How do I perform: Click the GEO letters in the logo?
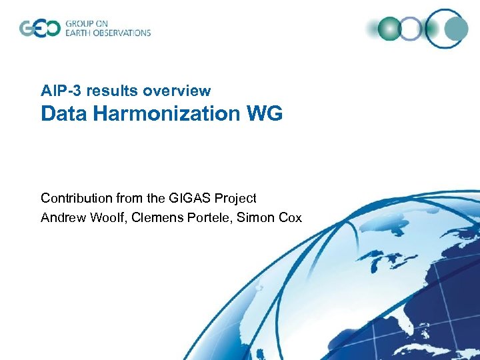[x=39, y=29]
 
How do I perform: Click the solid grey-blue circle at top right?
[x=456, y=29]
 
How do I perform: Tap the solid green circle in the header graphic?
[x=389, y=29]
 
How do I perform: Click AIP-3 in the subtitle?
[x=60, y=91]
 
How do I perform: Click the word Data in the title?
[x=64, y=114]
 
